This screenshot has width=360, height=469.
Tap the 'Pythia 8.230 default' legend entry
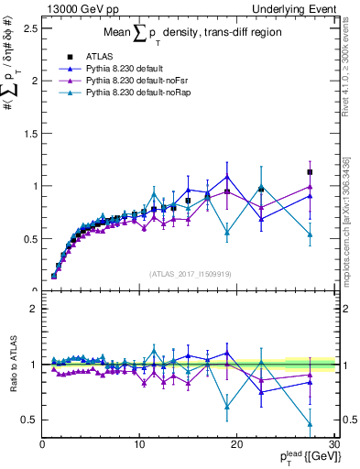click(x=115, y=68)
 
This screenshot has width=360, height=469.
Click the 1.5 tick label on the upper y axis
click(x=31, y=133)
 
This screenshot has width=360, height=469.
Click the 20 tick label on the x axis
click(x=236, y=443)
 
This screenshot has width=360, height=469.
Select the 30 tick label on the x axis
click(x=333, y=443)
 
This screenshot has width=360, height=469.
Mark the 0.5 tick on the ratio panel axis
click(x=31, y=420)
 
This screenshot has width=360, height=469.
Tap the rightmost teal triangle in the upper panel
click(x=310, y=234)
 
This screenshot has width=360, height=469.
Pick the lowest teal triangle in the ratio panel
click(x=310, y=424)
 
